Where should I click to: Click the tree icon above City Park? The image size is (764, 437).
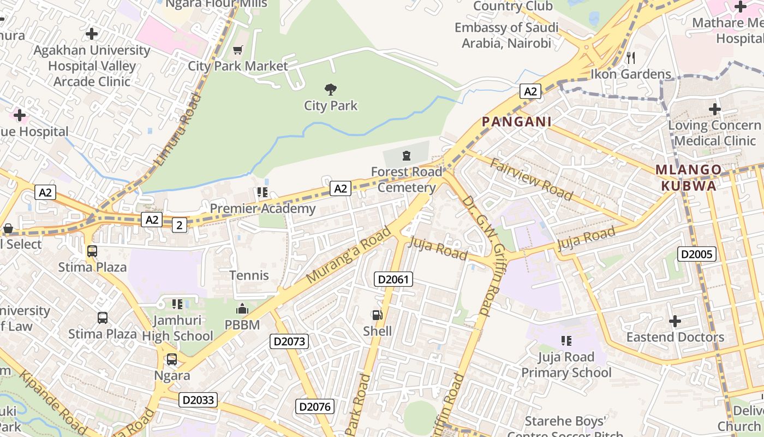[330, 89]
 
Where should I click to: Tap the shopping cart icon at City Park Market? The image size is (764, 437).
[237, 50]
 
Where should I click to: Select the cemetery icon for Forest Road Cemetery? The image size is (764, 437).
[406, 156]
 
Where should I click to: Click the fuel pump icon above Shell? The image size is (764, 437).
[377, 315]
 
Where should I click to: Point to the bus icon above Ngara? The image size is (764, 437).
[171, 359]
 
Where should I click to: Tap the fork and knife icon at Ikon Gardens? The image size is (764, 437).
[631, 57]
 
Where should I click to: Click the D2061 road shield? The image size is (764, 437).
[393, 280]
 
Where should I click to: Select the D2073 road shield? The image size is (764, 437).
[290, 342]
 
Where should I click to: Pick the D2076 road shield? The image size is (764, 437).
[314, 406]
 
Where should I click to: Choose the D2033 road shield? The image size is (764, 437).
[198, 400]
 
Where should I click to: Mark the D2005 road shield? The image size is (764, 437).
[696, 254]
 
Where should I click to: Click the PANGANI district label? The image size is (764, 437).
[516, 122]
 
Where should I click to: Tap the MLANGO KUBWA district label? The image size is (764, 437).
[689, 178]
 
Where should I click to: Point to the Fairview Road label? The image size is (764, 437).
[532, 179]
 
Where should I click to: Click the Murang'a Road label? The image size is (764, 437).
[349, 255]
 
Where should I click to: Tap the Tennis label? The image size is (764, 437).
[249, 275]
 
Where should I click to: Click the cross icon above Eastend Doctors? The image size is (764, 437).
[675, 321]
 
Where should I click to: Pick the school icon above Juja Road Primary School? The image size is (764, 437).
[566, 341]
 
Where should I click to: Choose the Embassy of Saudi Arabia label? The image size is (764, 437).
[506, 35]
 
